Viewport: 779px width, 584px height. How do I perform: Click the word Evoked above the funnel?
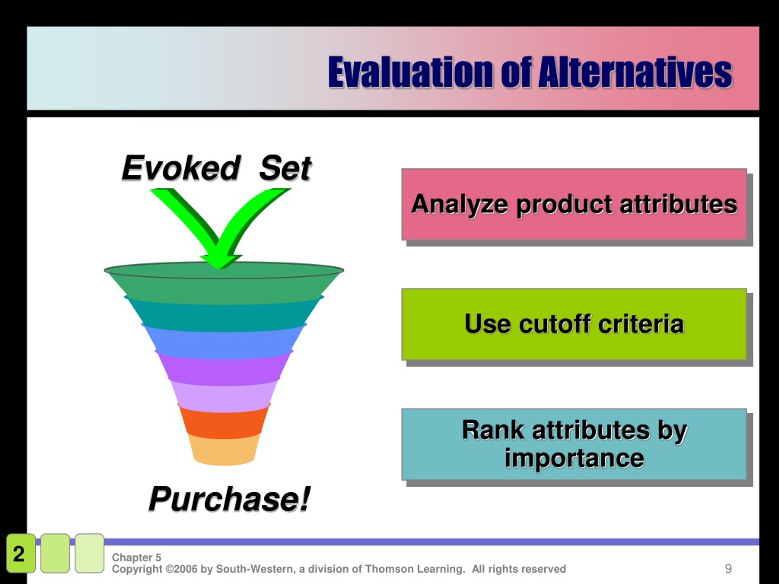[x=181, y=168]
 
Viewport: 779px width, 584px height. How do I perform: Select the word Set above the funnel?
[x=285, y=168]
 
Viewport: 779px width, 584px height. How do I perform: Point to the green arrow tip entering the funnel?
[x=219, y=268]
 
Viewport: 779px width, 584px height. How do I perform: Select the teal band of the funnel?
[x=224, y=315]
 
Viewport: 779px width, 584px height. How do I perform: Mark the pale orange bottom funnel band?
[x=224, y=450]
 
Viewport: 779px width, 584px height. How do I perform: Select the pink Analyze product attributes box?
[x=574, y=204]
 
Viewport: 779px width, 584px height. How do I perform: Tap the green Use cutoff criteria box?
[x=574, y=324]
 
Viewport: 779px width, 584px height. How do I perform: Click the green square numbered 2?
[x=21, y=553]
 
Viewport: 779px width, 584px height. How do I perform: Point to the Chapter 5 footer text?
[x=136, y=557]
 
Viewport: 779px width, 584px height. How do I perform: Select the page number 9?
[x=728, y=568]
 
